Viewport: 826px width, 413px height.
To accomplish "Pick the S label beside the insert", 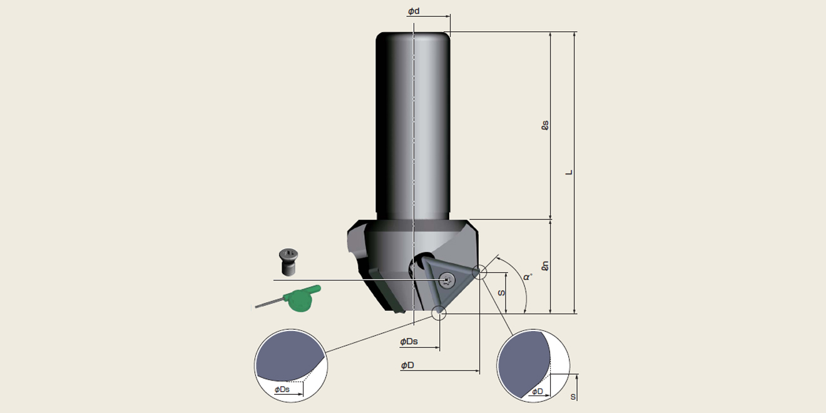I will [x=501, y=292].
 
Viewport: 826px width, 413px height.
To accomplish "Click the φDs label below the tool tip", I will [x=409, y=342].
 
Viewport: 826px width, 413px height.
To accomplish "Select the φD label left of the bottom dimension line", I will [x=407, y=365].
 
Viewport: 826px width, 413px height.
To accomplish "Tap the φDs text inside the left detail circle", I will [x=282, y=389].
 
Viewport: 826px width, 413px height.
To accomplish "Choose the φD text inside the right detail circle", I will [x=537, y=392].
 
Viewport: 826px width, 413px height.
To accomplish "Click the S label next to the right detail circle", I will [x=573, y=397].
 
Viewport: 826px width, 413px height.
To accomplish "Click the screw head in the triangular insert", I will [x=446, y=280].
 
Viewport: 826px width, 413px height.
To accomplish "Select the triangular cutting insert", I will [x=448, y=285].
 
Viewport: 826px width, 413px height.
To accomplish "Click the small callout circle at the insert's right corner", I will [x=479, y=272].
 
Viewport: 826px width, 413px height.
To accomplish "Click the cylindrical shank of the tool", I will [x=413, y=125].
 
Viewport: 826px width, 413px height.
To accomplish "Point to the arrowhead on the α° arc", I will [x=497, y=257].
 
